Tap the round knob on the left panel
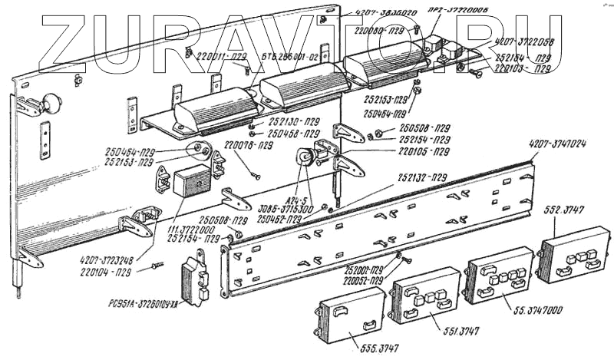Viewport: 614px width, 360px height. tap(51, 102)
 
